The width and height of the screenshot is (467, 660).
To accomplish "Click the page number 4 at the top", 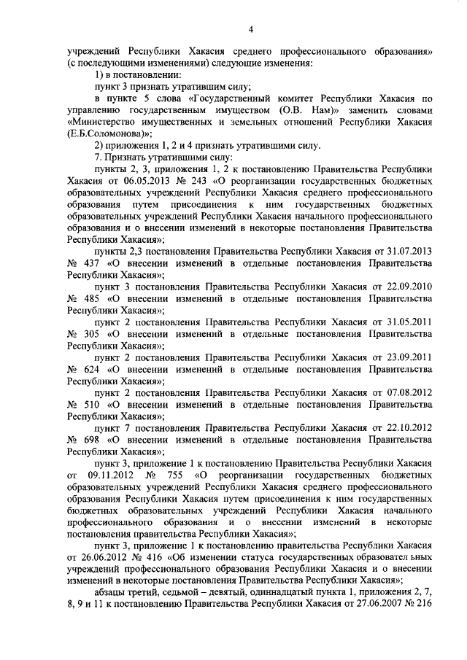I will point(250,29).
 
